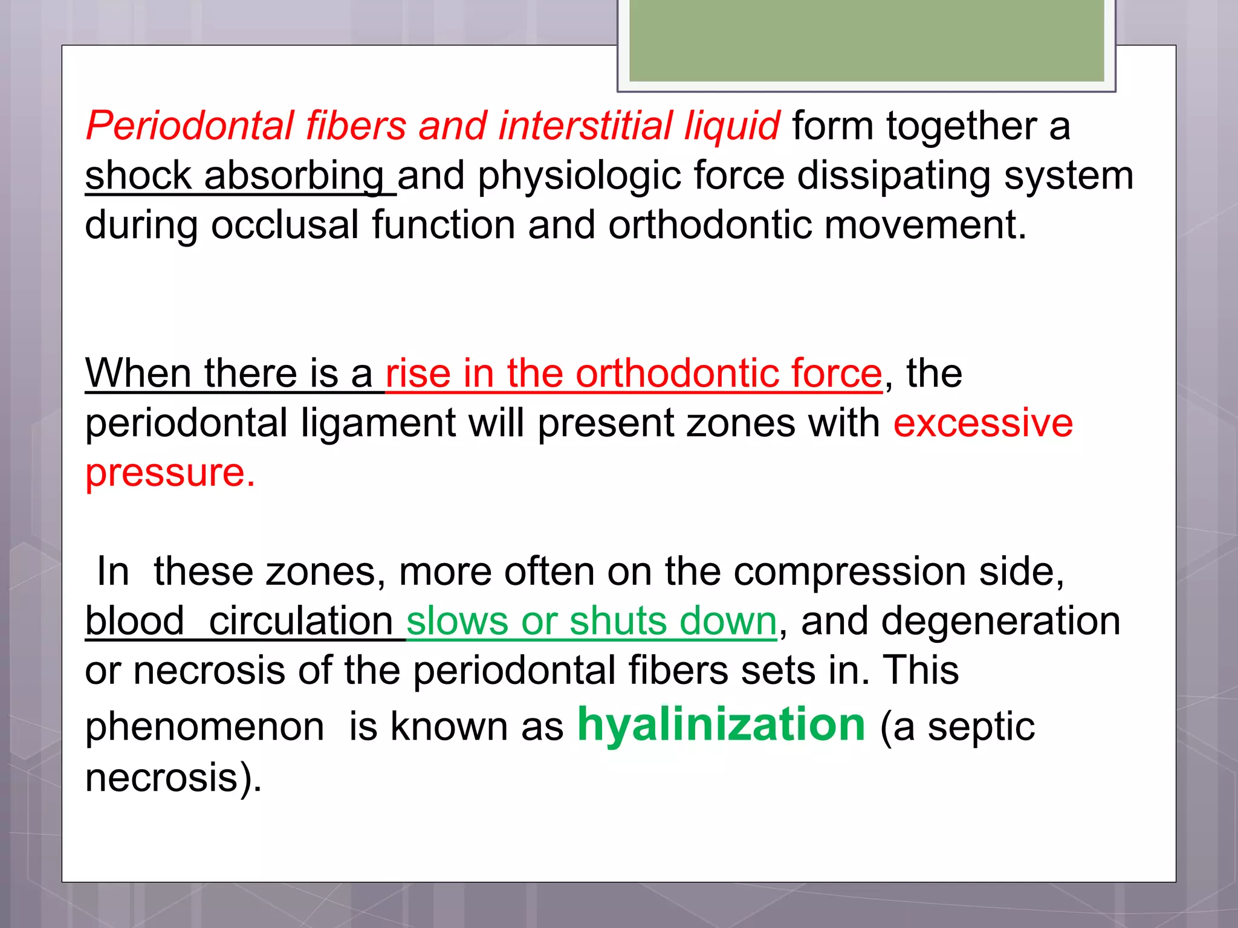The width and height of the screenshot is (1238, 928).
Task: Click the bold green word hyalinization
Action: click(721, 725)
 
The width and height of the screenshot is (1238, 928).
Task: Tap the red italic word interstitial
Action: click(585, 126)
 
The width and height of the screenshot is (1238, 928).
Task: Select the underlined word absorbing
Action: click(294, 176)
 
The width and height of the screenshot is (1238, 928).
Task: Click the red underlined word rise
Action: click(418, 373)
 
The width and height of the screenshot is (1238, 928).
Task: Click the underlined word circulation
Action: click(301, 621)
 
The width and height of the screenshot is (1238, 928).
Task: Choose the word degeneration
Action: click(1000, 621)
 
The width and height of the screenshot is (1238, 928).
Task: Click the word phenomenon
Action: click(204, 727)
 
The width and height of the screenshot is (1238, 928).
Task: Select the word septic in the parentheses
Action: click(980, 727)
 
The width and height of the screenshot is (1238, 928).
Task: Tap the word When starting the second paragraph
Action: click(138, 373)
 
